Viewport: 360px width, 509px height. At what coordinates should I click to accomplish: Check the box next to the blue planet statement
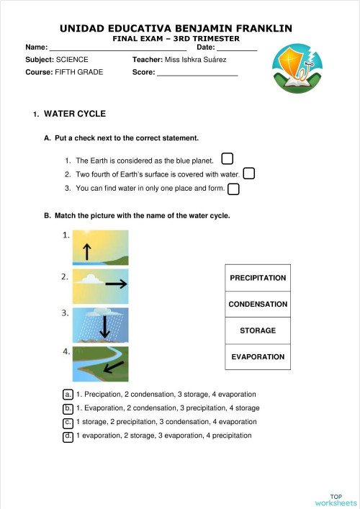point(228,158)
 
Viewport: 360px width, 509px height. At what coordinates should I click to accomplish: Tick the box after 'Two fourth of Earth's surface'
point(249,174)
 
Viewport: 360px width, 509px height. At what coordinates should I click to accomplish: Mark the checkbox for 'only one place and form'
point(233,189)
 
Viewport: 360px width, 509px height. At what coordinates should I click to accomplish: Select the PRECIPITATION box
point(258,278)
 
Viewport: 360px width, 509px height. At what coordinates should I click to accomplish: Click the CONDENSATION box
point(258,305)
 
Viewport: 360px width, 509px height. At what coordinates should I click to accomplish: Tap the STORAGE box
point(258,330)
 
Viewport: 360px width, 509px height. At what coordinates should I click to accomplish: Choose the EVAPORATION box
point(258,357)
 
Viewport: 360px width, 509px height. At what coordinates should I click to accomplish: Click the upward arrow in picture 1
point(87,251)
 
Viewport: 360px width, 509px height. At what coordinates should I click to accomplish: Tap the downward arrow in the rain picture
point(105,328)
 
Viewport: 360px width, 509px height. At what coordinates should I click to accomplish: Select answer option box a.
point(68,395)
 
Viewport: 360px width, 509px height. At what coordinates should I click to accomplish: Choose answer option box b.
point(68,408)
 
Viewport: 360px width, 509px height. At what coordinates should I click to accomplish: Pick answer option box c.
point(68,422)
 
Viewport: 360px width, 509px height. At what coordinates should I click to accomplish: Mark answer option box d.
point(68,436)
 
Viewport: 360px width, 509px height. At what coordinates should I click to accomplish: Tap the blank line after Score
point(197,73)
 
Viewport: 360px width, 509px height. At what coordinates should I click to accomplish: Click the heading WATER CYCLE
point(75,114)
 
